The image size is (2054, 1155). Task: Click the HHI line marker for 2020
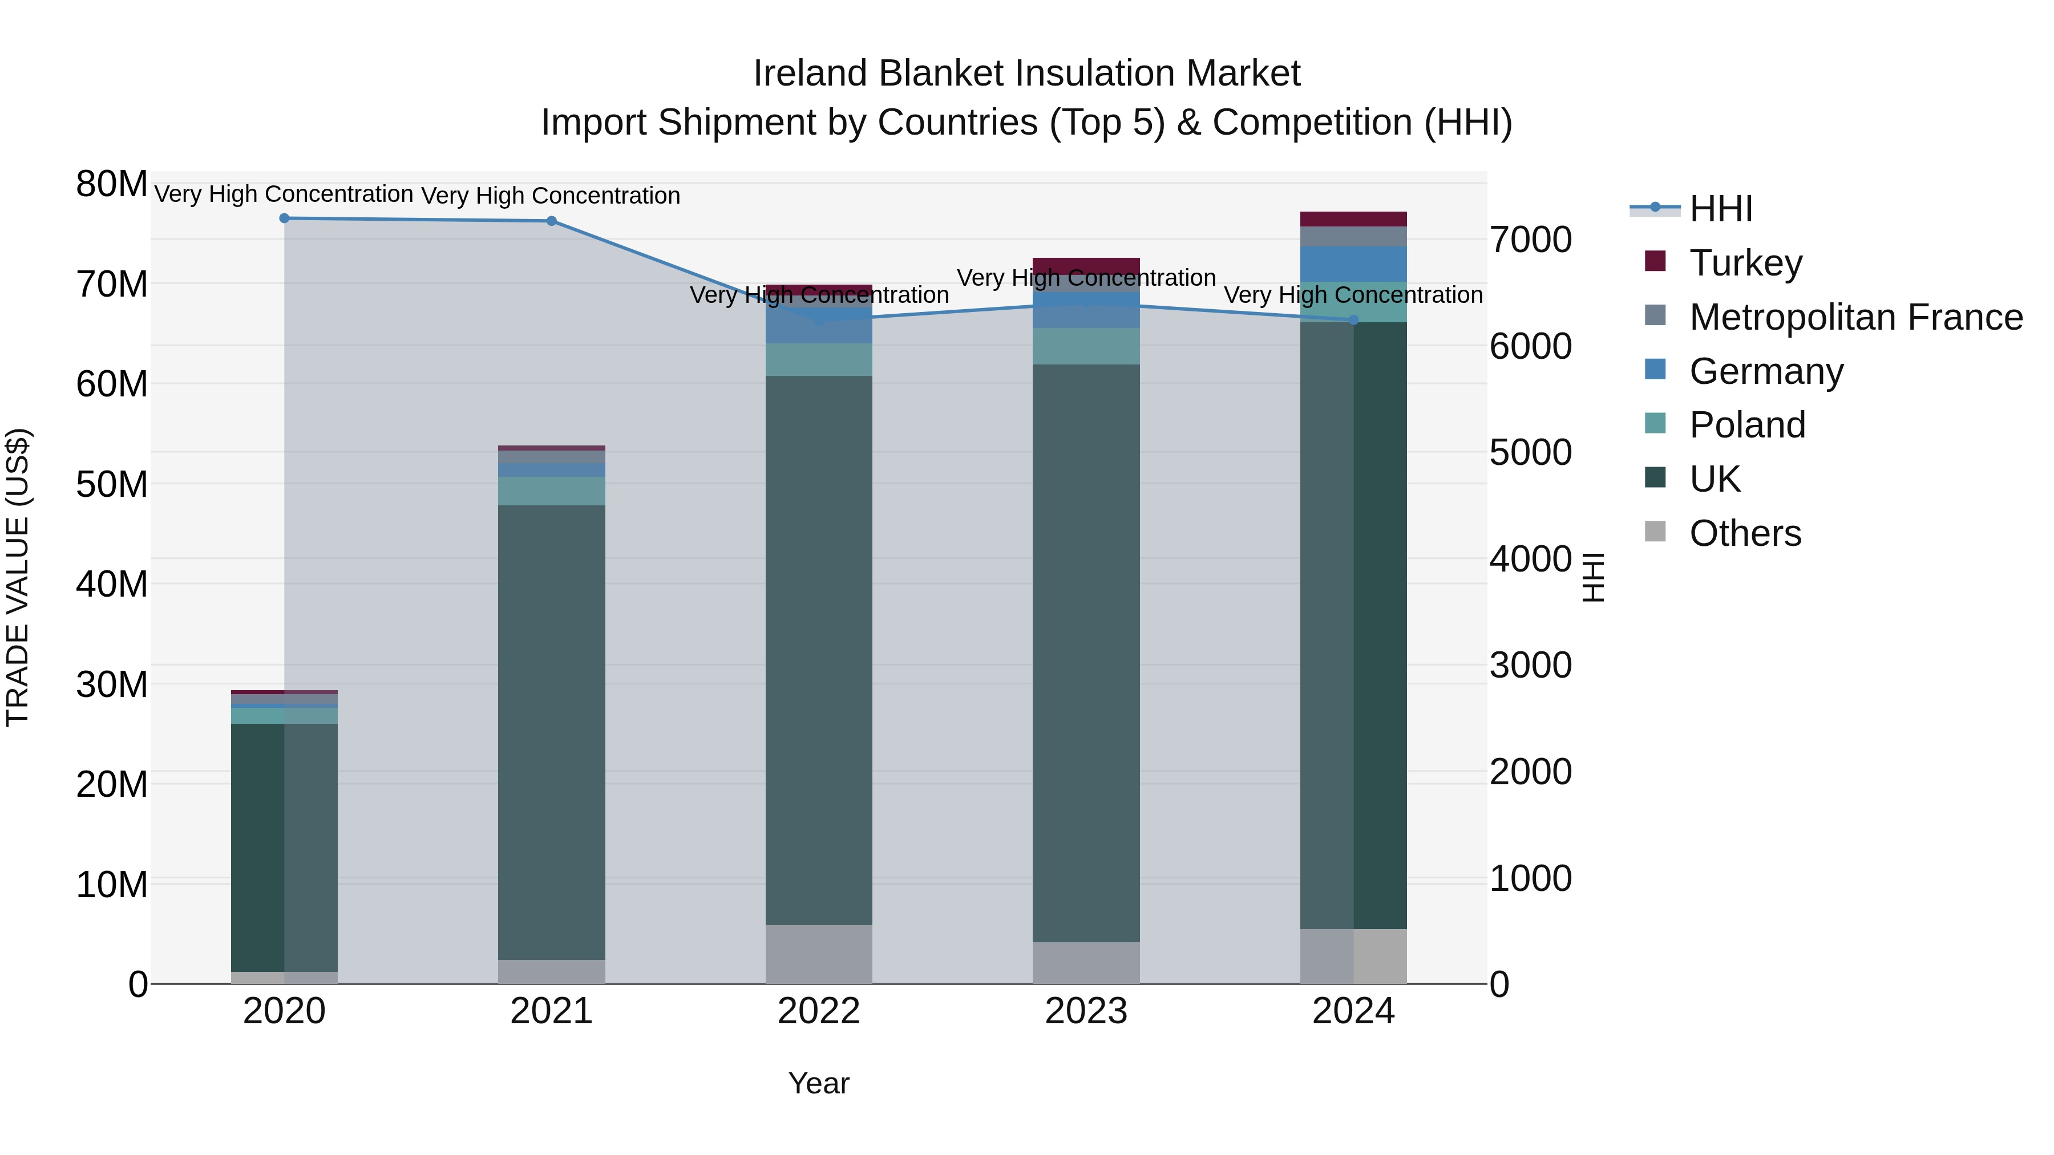point(284,218)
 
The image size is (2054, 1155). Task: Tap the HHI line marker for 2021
point(551,221)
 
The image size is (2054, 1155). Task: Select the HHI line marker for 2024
point(1353,319)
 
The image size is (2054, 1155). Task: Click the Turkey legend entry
point(1745,262)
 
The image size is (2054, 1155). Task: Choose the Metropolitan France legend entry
point(1855,317)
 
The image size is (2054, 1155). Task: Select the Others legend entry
point(1745,533)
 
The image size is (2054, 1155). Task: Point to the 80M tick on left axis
point(112,184)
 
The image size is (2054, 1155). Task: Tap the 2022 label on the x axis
point(818,1011)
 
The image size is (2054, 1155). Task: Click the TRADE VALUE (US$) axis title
point(18,577)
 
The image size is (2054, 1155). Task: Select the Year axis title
point(818,1083)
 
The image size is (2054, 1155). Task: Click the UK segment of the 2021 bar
point(551,732)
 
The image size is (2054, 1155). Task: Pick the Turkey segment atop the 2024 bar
point(1353,218)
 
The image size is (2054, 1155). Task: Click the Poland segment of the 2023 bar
point(1085,346)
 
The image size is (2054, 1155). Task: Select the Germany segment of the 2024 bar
point(1353,264)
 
